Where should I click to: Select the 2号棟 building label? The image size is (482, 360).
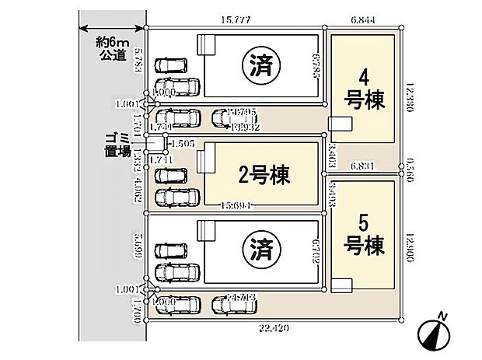click(x=264, y=177)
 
